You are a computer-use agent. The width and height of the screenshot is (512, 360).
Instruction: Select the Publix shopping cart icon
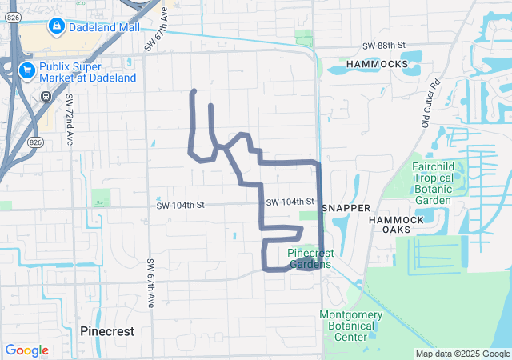tap(28, 70)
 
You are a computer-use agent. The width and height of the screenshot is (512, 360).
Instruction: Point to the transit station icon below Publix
tap(46, 96)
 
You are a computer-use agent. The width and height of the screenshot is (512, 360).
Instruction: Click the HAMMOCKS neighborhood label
tap(374, 62)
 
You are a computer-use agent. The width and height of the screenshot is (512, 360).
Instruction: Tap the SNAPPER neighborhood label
tap(346, 208)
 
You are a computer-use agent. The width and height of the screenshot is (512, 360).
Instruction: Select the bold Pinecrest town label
tap(107, 330)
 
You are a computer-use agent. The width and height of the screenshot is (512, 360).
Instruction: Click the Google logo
tap(26, 350)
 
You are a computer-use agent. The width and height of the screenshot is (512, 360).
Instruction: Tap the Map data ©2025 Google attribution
tap(462, 354)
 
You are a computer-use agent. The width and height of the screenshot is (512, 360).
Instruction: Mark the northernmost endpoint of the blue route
tap(194, 90)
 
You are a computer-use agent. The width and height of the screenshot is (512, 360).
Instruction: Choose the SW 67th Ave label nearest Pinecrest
tap(150, 285)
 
